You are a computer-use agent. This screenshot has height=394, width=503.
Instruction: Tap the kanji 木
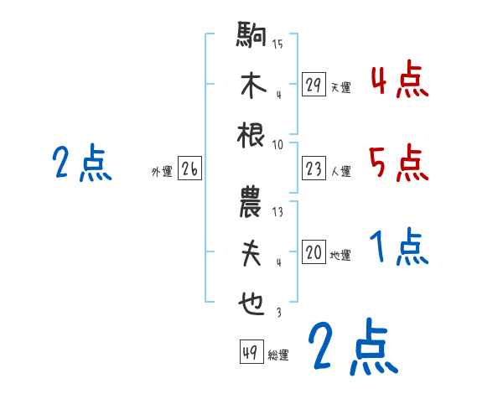click(x=251, y=87)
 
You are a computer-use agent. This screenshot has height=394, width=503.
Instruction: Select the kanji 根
click(x=251, y=136)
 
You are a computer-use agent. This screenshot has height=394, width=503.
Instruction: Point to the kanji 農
click(x=251, y=206)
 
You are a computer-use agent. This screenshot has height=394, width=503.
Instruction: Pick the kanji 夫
click(x=251, y=256)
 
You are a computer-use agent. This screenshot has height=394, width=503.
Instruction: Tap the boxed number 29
click(x=314, y=85)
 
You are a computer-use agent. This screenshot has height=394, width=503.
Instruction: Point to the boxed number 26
click(x=189, y=170)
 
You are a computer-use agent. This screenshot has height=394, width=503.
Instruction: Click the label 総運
click(x=278, y=355)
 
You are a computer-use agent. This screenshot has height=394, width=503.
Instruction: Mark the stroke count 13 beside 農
click(x=277, y=212)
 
